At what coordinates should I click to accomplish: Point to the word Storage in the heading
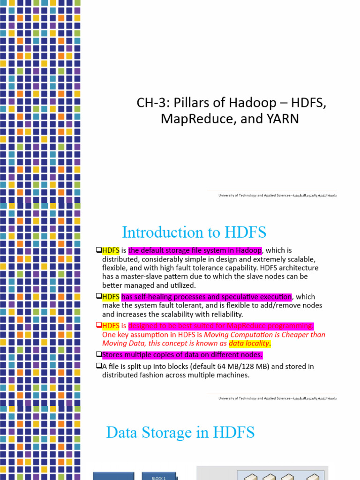[177, 432]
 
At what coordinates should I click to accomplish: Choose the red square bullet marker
[98, 325]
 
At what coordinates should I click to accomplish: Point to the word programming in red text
[291, 326]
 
